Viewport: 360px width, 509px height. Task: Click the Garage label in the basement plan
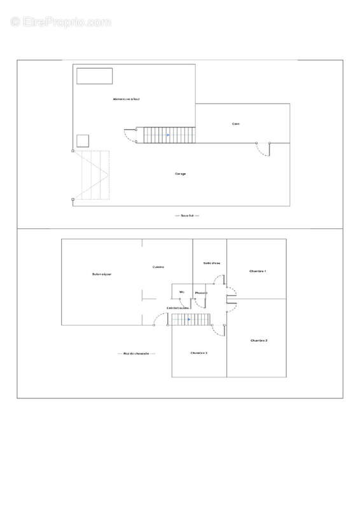point(181,174)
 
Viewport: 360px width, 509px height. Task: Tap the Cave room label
point(236,123)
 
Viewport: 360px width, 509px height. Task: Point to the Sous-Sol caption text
point(187,216)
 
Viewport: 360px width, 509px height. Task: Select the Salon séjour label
point(102,274)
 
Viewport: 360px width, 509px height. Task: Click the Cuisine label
point(159,267)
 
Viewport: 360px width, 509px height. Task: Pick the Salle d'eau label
point(212,263)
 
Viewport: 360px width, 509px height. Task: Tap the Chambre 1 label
point(258,271)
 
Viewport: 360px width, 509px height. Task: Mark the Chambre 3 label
point(199,352)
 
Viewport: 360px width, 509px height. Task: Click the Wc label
point(181,292)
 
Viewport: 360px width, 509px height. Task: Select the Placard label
point(201,293)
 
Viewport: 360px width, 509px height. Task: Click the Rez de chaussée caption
point(136,354)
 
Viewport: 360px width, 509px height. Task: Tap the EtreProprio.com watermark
point(61,22)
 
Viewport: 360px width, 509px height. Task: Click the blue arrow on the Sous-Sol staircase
point(168,135)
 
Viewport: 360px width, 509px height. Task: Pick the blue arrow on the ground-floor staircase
point(189,319)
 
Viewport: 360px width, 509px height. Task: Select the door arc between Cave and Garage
point(262,149)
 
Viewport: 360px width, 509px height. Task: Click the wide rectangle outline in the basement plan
point(95,76)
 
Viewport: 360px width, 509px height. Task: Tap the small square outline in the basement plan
point(83,141)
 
